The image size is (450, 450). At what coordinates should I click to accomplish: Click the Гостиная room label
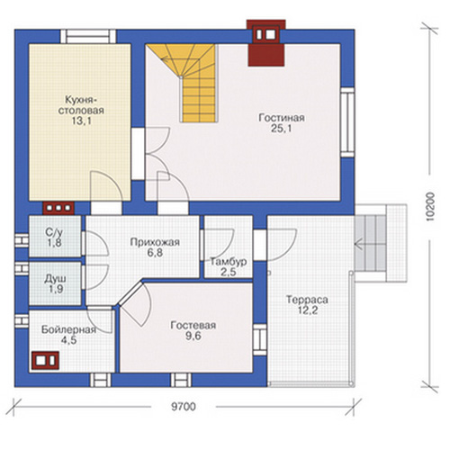(x=282, y=118)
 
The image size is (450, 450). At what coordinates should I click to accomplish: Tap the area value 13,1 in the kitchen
(x=81, y=121)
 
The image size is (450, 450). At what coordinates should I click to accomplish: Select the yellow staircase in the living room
(x=186, y=83)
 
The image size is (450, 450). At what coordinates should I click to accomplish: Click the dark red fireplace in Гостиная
(x=266, y=43)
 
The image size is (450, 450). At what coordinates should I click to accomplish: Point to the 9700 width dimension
(x=184, y=407)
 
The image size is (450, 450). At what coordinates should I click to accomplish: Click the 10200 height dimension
(x=430, y=207)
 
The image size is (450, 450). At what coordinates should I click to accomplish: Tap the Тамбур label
(x=229, y=262)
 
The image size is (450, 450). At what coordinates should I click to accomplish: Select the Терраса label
(x=307, y=300)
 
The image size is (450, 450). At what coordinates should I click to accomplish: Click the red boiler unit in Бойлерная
(x=45, y=360)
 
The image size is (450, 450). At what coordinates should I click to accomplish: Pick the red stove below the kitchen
(x=58, y=208)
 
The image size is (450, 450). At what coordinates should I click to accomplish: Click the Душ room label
(x=56, y=279)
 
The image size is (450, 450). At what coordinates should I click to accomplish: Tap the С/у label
(x=54, y=232)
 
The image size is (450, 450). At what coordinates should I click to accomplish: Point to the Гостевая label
(x=193, y=326)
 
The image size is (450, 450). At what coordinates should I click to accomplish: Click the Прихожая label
(x=155, y=242)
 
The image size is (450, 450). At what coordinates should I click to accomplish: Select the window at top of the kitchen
(x=88, y=37)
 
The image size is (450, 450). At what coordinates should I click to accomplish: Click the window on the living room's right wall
(x=347, y=122)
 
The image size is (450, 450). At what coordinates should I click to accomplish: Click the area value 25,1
(x=282, y=129)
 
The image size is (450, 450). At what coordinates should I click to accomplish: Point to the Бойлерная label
(x=68, y=329)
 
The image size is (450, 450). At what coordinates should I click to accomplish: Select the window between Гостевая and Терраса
(x=260, y=339)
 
